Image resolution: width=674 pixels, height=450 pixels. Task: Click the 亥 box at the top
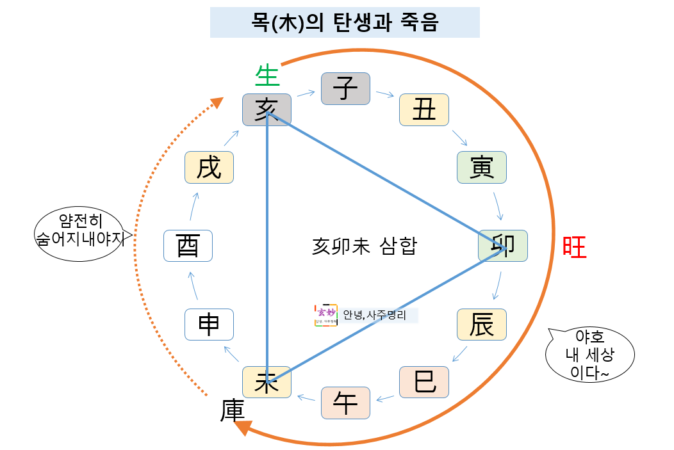pos(267,109)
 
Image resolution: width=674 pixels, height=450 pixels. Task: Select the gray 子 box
pos(345,89)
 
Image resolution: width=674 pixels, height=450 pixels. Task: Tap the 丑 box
pos(423,109)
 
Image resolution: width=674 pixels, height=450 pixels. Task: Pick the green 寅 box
pos(482,168)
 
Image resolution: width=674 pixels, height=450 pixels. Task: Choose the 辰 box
pos(482,325)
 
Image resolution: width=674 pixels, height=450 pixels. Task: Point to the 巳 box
pos(423,382)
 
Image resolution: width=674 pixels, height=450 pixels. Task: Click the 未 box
pos(267,382)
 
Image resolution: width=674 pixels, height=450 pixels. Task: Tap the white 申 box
pos(209,325)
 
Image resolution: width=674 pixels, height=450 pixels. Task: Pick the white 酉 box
pos(188,245)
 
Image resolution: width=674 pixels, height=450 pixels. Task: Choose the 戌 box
pos(209,168)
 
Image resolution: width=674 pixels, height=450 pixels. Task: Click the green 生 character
pos(267,76)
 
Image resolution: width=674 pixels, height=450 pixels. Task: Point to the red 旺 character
pos(574,247)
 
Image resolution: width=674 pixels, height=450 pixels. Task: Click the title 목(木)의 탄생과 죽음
pos(345,23)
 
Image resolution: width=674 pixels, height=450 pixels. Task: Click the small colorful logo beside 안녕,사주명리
pos(326,315)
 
